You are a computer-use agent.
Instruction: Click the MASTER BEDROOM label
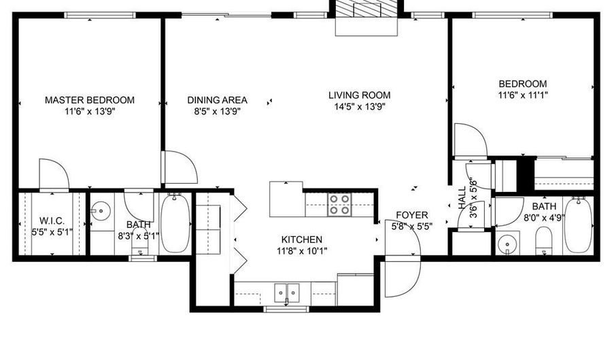click(x=90, y=100)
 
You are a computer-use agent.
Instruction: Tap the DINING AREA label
click(x=217, y=100)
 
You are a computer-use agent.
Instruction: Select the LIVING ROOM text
click(x=360, y=95)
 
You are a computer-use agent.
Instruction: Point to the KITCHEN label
click(x=302, y=240)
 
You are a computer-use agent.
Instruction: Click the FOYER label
click(x=412, y=215)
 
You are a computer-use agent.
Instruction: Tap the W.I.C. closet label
click(x=52, y=221)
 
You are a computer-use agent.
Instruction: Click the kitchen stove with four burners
click(x=339, y=205)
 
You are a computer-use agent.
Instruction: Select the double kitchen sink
click(x=287, y=293)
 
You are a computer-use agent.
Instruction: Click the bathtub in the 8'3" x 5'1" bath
click(x=175, y=223)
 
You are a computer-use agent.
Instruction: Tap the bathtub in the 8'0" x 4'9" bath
click(x=579, y=225)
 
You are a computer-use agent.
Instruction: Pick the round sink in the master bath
click(x=101, y=211)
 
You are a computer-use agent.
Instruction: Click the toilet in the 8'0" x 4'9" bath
click(x=544, y=240)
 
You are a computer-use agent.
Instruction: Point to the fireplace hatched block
click(x=367, y=8)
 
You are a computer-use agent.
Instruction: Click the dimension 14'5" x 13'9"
click(x=360, y=107)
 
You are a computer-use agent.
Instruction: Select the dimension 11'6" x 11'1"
click(x=523, y=95)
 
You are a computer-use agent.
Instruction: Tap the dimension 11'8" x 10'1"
click(x=302, y=250)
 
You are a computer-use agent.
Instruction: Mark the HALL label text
click(x=462, y=197)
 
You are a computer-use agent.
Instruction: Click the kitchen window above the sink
click(x=286, y=309)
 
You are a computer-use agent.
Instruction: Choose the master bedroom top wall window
click(x=101, y=15)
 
